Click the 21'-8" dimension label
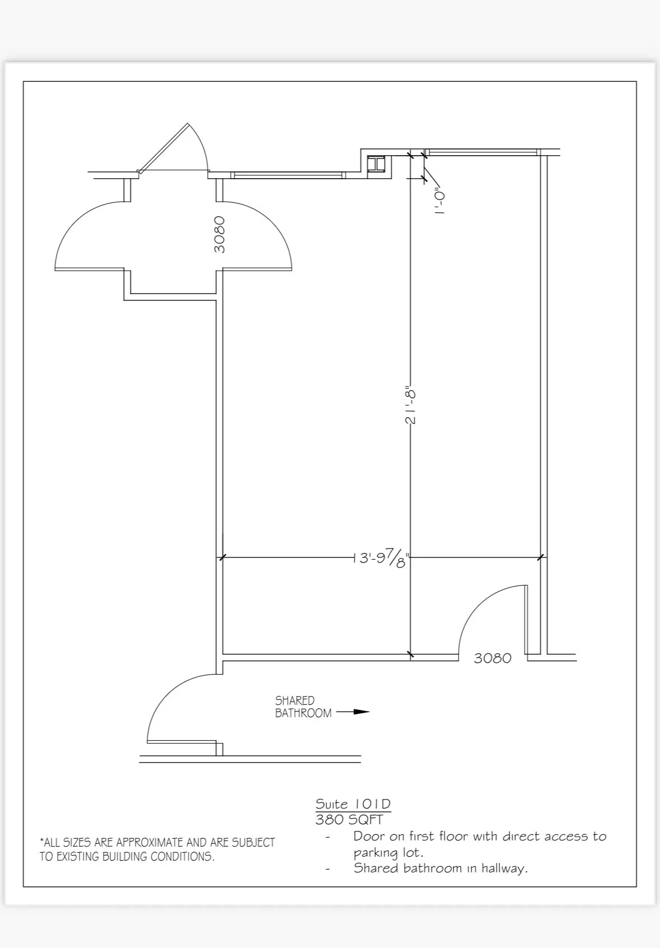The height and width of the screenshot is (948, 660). click(x=410, y=405)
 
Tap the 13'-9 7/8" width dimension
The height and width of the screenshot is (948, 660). click(x=382, y=558)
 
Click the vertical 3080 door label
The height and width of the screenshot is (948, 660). click(x=219, y=234)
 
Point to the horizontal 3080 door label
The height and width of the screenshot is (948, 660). click(x=493, y=658)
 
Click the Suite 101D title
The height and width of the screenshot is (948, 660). click(x=353, y=804)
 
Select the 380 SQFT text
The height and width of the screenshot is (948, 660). click(x=349, y=820)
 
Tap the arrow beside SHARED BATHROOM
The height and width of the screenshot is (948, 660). click(x=353, y=712)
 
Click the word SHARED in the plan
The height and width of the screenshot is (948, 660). click(x=294, y=700)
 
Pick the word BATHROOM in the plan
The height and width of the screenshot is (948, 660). click(x=303, y=713)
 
